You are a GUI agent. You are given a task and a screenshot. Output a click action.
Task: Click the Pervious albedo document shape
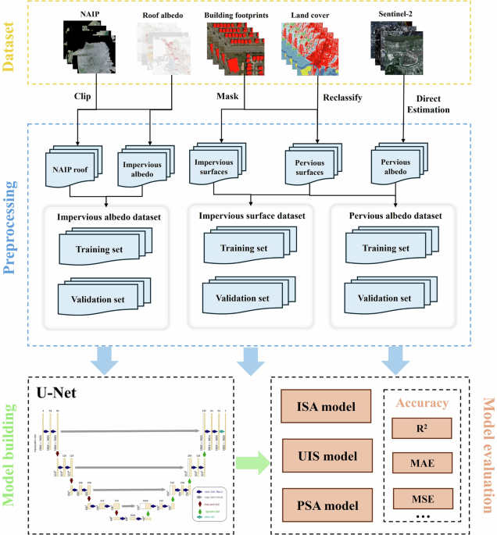tap(395, 166)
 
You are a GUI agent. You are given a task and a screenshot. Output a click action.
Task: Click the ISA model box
tap(320, 406)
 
